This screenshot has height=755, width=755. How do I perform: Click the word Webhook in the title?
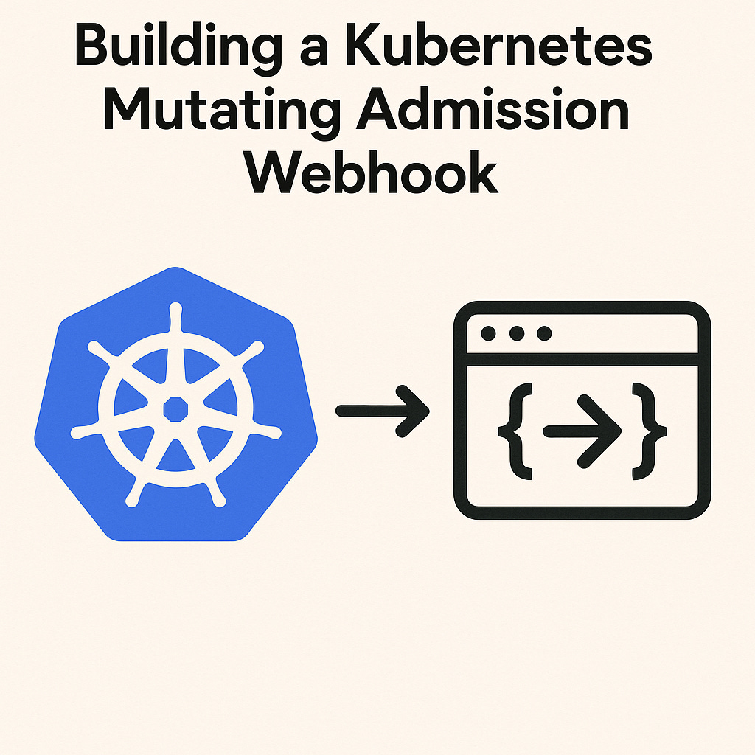pyautogui.click(x=372, y=174)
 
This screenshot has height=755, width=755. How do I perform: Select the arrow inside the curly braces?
pyautogui.click(x=582, y=431)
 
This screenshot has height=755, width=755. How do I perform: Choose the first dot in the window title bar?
pyautogui.click(x=488, y=334)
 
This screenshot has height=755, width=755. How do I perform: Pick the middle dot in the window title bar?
pyautogui.click(x=516, y=334)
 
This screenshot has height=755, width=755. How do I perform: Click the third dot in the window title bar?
pyautogui.click(x=544, y=334)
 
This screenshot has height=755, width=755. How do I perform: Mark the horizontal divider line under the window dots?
pyautogui.click(x=582, y=359)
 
